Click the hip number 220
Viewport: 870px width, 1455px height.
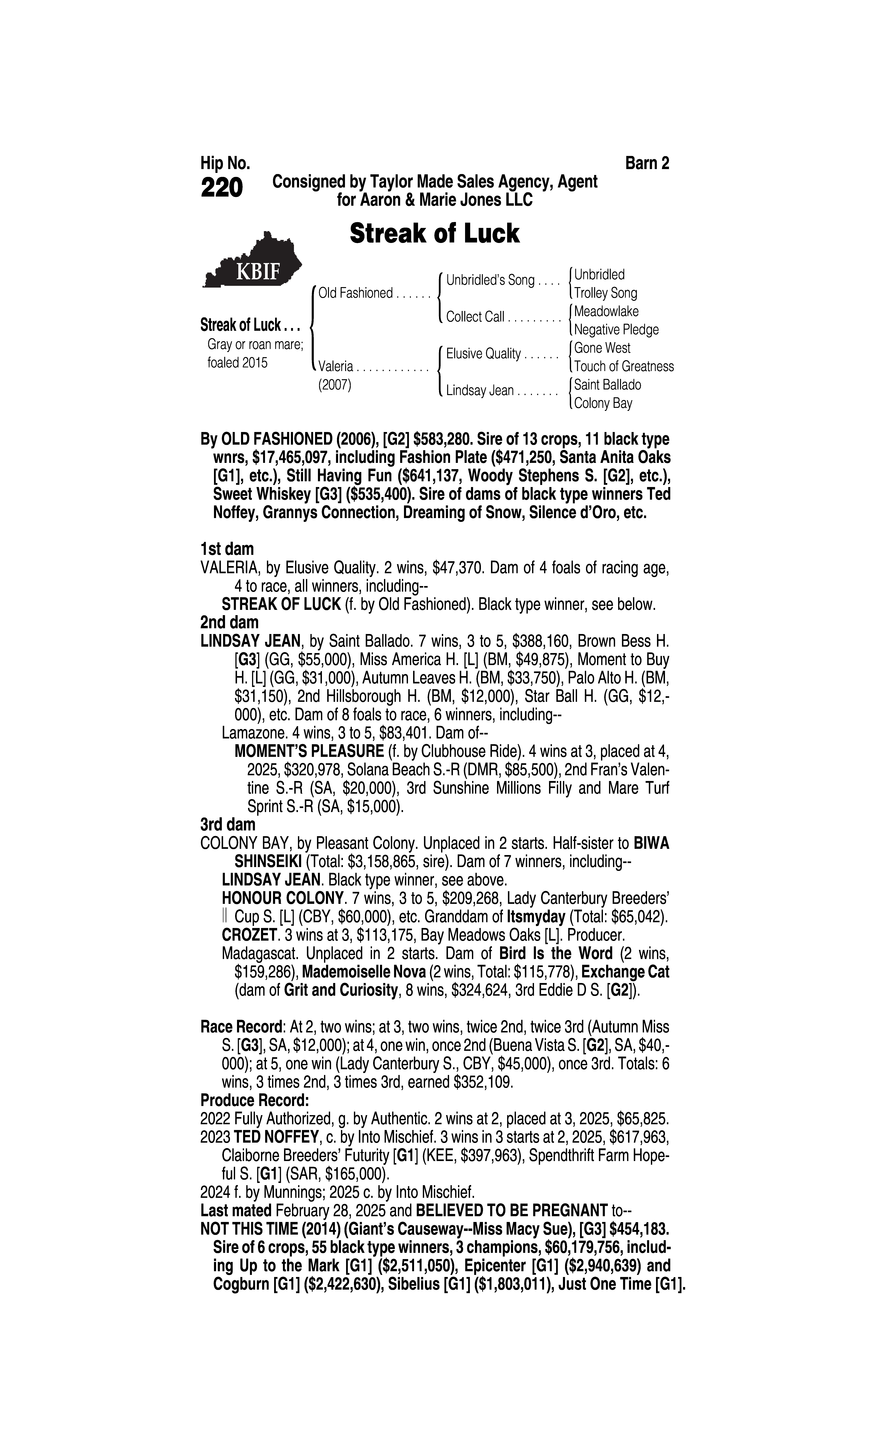tap(222, 188)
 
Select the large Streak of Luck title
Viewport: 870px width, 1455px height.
tap(434, 233)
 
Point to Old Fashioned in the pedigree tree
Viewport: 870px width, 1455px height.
tap(355, 293)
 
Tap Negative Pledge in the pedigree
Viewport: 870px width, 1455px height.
tap(616, 330)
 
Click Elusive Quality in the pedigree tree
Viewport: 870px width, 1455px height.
tap(484, 354)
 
